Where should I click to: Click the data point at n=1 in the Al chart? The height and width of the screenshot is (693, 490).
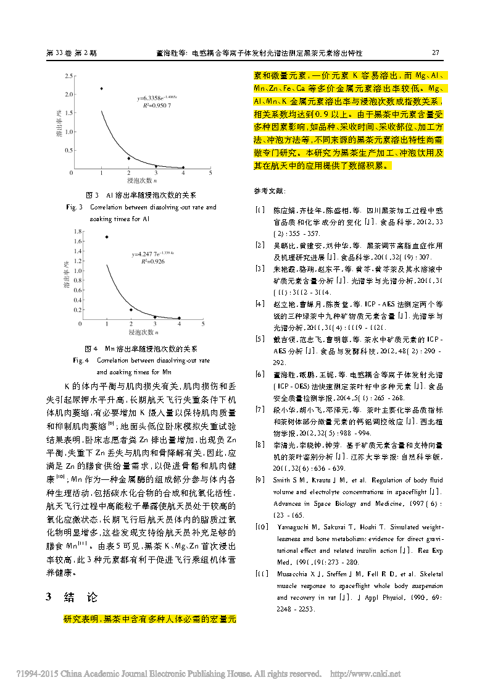tap(101, 88)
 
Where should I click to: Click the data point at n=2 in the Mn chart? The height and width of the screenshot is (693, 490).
tap(131, 309)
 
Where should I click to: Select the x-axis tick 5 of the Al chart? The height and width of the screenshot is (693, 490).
tap(211, 174)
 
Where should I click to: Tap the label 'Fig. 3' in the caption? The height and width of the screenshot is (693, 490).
tap(75, 208)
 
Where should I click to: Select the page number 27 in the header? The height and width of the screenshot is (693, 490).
tap(434, 53)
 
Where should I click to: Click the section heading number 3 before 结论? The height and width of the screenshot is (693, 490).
tap(49, 597)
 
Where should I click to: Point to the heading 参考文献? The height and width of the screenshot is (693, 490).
tap(270, 191)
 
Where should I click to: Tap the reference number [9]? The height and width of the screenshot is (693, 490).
tap(260, 480)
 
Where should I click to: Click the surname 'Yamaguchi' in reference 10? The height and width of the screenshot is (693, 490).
tap(296, 527)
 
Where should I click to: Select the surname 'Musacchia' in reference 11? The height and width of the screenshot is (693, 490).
tap(294, 574)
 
